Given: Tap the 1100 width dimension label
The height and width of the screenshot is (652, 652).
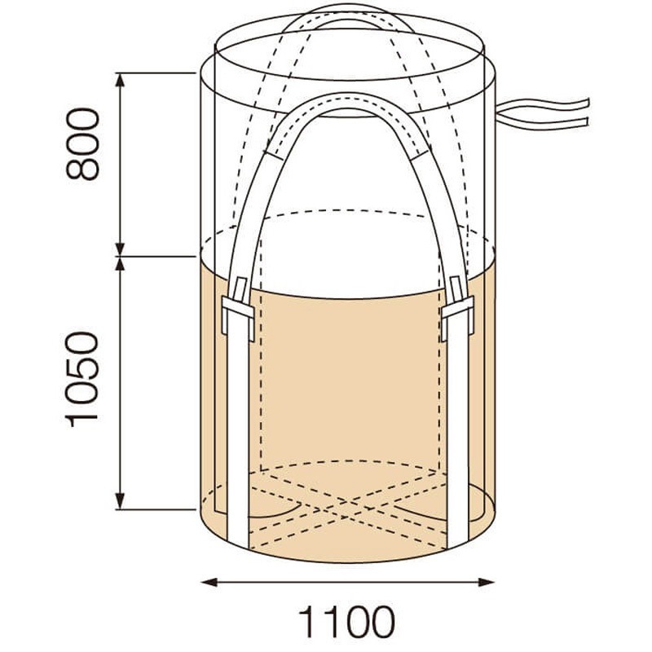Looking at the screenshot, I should click(347, 623).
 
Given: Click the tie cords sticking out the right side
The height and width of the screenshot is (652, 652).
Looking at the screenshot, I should click(546, 114).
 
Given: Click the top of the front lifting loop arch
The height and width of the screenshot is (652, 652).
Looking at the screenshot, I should click(347, 100).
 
